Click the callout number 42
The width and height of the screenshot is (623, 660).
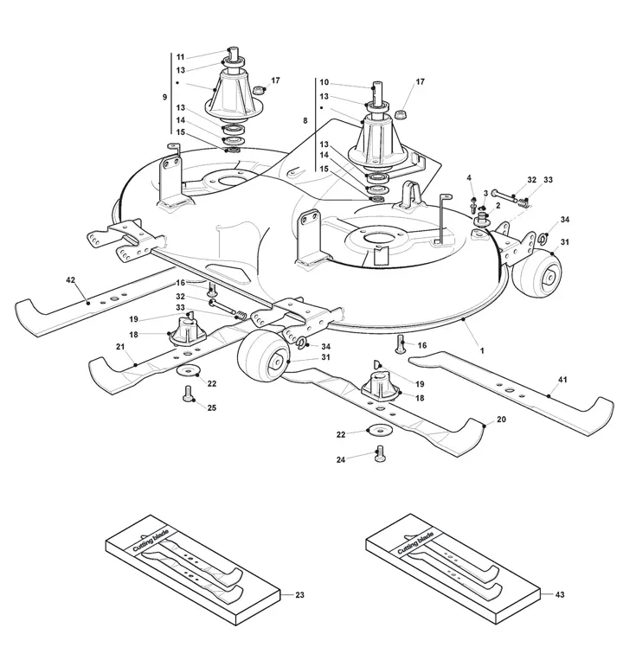pos(70,280)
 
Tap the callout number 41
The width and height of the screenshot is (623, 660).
pos(562,379)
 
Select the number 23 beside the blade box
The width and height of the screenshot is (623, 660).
pos(299,595)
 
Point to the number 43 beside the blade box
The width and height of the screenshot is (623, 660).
pos(560,594)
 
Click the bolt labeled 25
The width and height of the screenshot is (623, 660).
pos(188,394)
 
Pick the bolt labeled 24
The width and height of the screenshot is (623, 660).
pos(380,454)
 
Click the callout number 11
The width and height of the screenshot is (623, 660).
pos(180,57)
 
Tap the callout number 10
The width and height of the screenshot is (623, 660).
pos(324,82)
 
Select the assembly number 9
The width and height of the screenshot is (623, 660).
pos(164,97)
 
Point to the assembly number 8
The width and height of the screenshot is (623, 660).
pos(305,121)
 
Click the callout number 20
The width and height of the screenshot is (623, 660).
pos(501,420)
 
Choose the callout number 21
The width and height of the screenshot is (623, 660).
pos(120,346)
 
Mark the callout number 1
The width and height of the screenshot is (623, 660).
pos(482,350)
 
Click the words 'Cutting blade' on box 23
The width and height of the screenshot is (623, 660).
pos(151,541)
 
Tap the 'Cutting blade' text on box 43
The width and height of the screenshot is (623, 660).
pos(415,543)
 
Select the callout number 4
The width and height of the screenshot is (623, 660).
pos(469,178)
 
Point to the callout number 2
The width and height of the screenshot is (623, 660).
pos(498,205)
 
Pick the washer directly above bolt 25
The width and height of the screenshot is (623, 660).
pos(188,370)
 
